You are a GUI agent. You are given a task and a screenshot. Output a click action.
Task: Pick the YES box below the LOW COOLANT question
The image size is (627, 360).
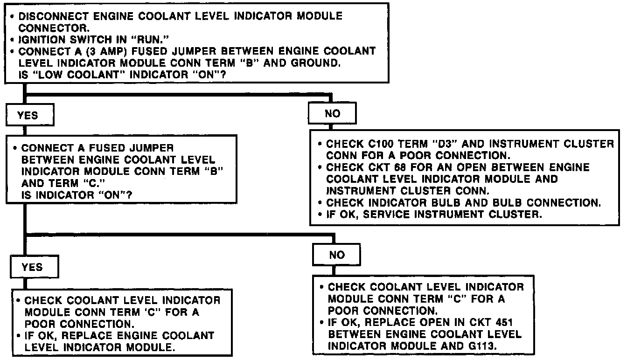[x=28, y=115]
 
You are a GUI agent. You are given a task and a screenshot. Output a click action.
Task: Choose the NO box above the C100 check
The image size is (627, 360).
[x=332, y=113]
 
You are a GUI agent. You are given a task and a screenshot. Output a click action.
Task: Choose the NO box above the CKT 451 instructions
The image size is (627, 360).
[x=336, y=255]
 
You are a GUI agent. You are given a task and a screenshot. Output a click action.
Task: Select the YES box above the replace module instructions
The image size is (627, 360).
[x=32, y=267]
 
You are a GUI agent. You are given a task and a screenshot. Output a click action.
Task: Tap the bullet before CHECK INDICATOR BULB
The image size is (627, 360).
[x=320, y=203]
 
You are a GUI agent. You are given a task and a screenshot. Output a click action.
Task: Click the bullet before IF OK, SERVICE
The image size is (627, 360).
[x=320, y=215]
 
